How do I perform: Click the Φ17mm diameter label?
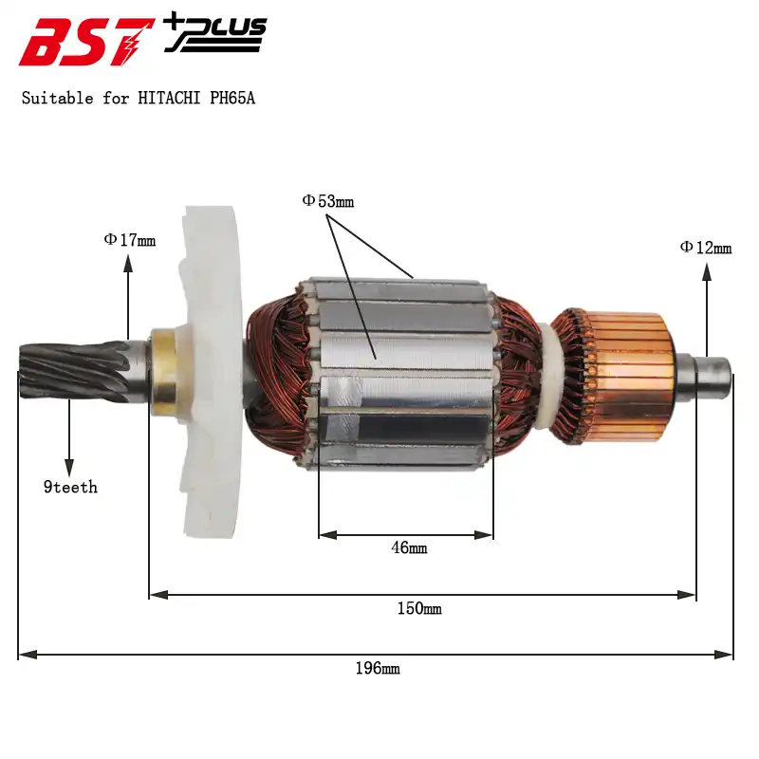[130, 240]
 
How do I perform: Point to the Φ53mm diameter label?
[328, 201]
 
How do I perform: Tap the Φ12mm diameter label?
[706, 248]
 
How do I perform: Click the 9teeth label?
[70, 488]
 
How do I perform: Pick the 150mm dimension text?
[419, 608]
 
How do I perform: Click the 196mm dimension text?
[378, 669]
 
